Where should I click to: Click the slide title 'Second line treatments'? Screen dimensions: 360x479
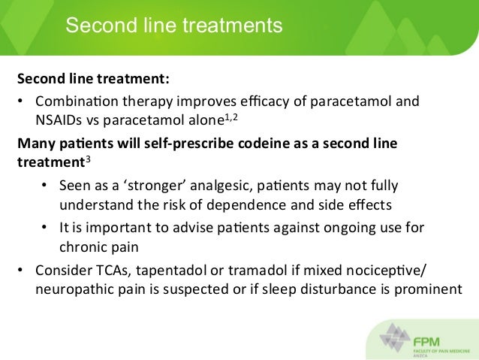[x=173, y=26]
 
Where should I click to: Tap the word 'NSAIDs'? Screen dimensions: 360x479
[x=58, y=119]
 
